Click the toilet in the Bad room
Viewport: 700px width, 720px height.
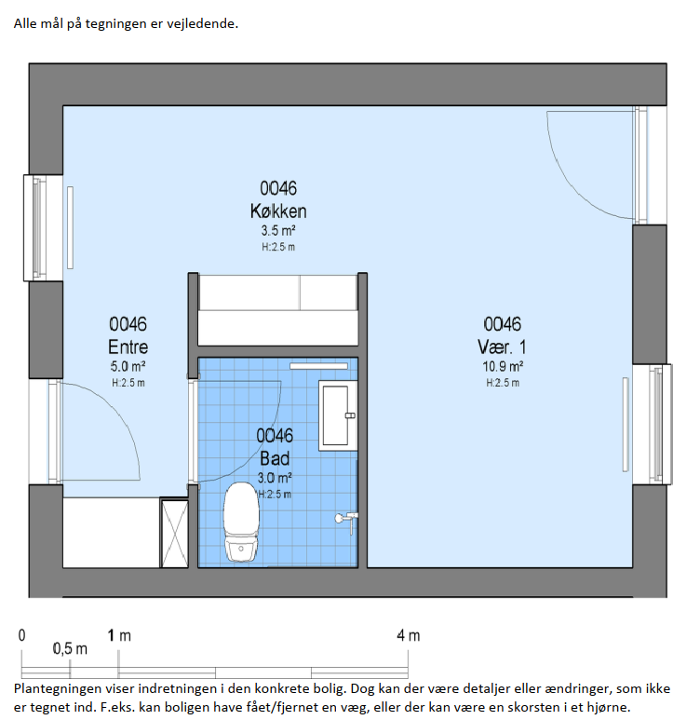241,523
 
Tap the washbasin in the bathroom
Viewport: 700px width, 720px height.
338,415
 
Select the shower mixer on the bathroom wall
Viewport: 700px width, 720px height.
346,520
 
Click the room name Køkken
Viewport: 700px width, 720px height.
278,211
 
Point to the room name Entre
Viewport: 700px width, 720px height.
128,346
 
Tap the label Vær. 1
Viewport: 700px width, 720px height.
502,346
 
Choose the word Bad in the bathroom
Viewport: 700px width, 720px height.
275,458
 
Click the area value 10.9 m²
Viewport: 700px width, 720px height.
503,366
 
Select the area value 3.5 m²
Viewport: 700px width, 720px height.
278,230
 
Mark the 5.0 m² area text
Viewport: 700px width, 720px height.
128,366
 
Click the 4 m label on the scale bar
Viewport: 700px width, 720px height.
409,635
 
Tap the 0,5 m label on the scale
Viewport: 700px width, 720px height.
70,649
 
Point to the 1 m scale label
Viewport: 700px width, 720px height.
119,635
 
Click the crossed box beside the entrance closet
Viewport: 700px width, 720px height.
175,534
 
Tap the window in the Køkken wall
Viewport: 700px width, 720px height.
42,228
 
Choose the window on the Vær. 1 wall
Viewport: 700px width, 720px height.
653,425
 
